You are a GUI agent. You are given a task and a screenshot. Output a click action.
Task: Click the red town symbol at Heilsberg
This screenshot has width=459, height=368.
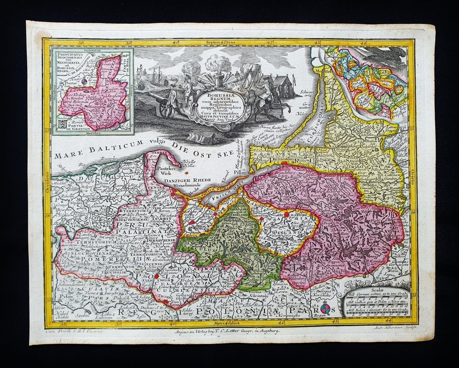pyautogui.click(x=286, y=215)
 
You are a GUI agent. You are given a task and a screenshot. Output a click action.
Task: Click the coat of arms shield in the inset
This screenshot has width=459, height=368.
pyautogui.click(x=61, y=129)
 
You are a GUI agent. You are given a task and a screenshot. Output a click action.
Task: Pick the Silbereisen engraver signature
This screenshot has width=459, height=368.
pyautogui.click(x=393, y=329)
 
